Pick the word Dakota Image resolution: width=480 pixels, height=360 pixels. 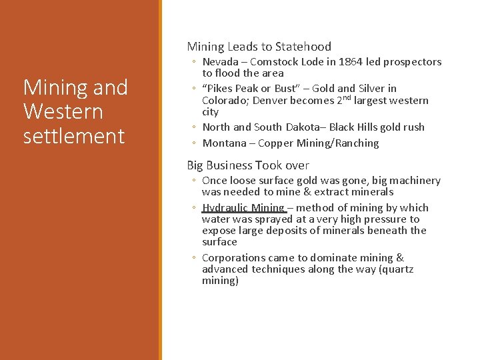(x=278, y=127)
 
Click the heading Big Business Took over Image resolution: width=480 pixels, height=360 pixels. (x=248, y=165)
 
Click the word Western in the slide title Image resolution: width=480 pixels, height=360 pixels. (x=63, y=111)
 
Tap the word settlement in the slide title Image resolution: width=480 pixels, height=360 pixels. (x=74, y=136)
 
